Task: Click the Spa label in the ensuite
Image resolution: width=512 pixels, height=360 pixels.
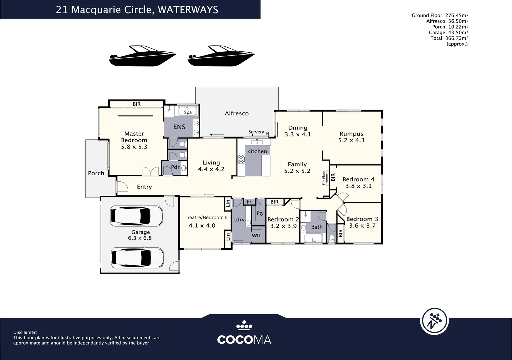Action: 188,112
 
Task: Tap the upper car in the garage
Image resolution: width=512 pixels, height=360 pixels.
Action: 136,216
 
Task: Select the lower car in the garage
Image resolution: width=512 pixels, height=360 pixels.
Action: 137,257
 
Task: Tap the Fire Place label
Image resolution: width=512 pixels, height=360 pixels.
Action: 324,178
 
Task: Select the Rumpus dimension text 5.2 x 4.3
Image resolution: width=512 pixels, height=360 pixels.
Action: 351,140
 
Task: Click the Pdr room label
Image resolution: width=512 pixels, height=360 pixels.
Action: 175,167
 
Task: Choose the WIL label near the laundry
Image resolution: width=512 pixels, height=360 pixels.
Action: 257,236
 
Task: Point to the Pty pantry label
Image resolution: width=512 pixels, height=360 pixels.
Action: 260,213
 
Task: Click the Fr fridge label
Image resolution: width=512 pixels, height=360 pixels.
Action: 249,202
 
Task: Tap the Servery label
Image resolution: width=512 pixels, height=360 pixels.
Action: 256,132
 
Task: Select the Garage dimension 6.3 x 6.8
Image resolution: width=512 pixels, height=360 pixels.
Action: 140,238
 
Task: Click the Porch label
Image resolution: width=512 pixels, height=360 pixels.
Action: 96,173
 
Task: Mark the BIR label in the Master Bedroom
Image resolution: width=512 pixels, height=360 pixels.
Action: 137,104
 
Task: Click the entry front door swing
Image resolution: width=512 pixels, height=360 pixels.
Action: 122,186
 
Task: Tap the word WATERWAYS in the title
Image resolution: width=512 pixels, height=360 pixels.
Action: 188,10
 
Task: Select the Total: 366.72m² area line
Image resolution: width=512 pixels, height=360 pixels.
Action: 449,38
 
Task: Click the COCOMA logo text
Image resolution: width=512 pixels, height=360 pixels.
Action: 244,340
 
